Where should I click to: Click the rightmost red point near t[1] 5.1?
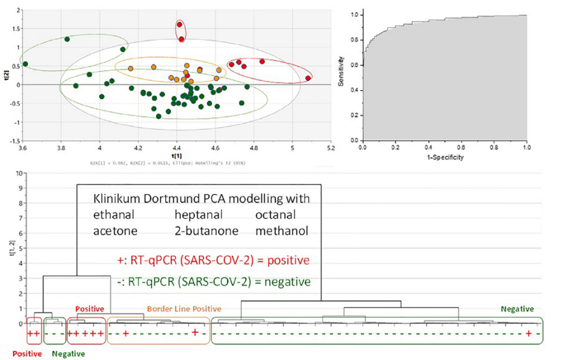point(308,78)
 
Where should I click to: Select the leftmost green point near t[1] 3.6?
point(25,64)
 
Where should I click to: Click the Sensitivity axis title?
point(343,71)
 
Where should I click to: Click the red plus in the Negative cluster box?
point(529,334)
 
